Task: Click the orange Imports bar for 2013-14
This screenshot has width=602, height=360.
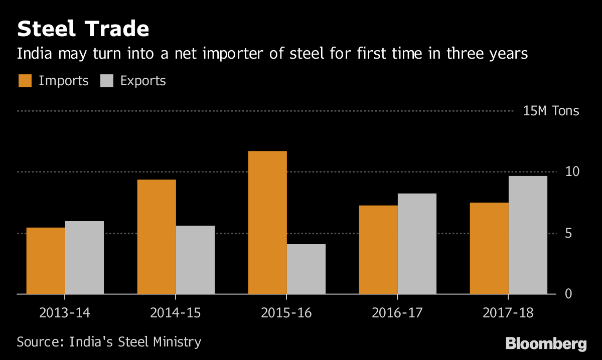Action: (46, 261)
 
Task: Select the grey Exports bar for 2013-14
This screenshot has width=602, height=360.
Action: (84, 257)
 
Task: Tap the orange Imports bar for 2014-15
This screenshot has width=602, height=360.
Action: (157, 237)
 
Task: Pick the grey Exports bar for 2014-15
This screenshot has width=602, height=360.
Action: (195, 260)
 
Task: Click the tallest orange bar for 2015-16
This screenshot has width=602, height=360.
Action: (267, 222)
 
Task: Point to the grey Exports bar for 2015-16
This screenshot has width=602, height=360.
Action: (306, 269)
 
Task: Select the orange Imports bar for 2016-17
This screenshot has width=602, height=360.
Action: (378, 250)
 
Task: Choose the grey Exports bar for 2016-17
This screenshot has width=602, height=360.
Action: (417, 244)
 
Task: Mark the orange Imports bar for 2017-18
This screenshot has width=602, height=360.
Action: (489, 248)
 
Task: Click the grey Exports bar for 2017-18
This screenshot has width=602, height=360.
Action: (528, 235)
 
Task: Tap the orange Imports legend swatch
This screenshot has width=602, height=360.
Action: (25, 81)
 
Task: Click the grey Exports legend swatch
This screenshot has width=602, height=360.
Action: (107, 81)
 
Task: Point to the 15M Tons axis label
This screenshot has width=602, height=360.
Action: (551, 111)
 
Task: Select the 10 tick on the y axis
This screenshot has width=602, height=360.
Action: (572, 171)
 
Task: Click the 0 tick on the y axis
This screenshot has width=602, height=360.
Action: (568, 293)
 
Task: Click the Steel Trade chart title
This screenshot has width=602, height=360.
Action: (83, 29)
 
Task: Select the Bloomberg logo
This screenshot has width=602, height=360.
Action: (546, 344)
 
